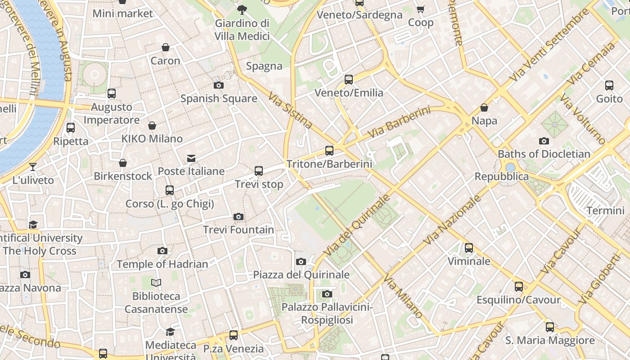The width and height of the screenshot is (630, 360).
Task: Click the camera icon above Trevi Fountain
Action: coord(238,217)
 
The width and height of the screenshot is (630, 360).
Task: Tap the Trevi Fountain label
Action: coord(238,230)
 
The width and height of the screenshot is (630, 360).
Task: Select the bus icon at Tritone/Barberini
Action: coord(329,151)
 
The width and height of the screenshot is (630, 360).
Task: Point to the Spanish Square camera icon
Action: coord(219,85)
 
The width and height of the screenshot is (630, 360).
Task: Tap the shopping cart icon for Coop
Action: coord(421,9)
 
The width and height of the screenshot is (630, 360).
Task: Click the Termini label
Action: coord(605,211)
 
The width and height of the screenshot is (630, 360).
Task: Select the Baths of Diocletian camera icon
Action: coord(544,141)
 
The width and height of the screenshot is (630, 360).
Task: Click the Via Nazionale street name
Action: coord(451,220)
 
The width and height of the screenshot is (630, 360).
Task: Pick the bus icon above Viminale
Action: coord(469,248)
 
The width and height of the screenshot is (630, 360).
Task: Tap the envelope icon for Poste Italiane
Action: coord(191,158)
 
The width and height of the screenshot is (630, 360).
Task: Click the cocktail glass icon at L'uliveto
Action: coord(33,167)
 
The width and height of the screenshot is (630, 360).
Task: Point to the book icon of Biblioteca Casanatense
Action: coord(156,283)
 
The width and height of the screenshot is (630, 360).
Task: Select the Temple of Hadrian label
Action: coord(162,264)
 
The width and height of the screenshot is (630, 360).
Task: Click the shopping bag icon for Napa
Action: coord(484,108)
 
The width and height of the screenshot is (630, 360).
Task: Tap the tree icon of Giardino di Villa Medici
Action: coord(242,9)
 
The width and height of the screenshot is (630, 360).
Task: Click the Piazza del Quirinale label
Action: coord(301,274)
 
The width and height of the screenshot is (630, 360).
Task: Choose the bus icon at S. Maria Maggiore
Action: coord(550,327)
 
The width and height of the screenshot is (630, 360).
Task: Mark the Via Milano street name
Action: coord(403,296)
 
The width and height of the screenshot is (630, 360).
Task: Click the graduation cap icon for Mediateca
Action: coord(170,332)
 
